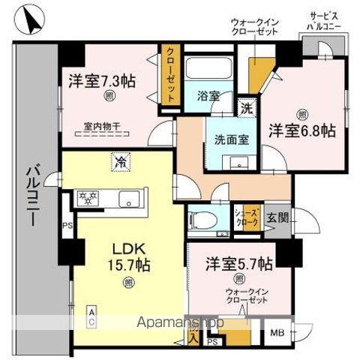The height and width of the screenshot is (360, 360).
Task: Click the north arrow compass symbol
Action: tap(30, 20)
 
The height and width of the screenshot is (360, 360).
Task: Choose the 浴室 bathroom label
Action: tap(208, 97)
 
